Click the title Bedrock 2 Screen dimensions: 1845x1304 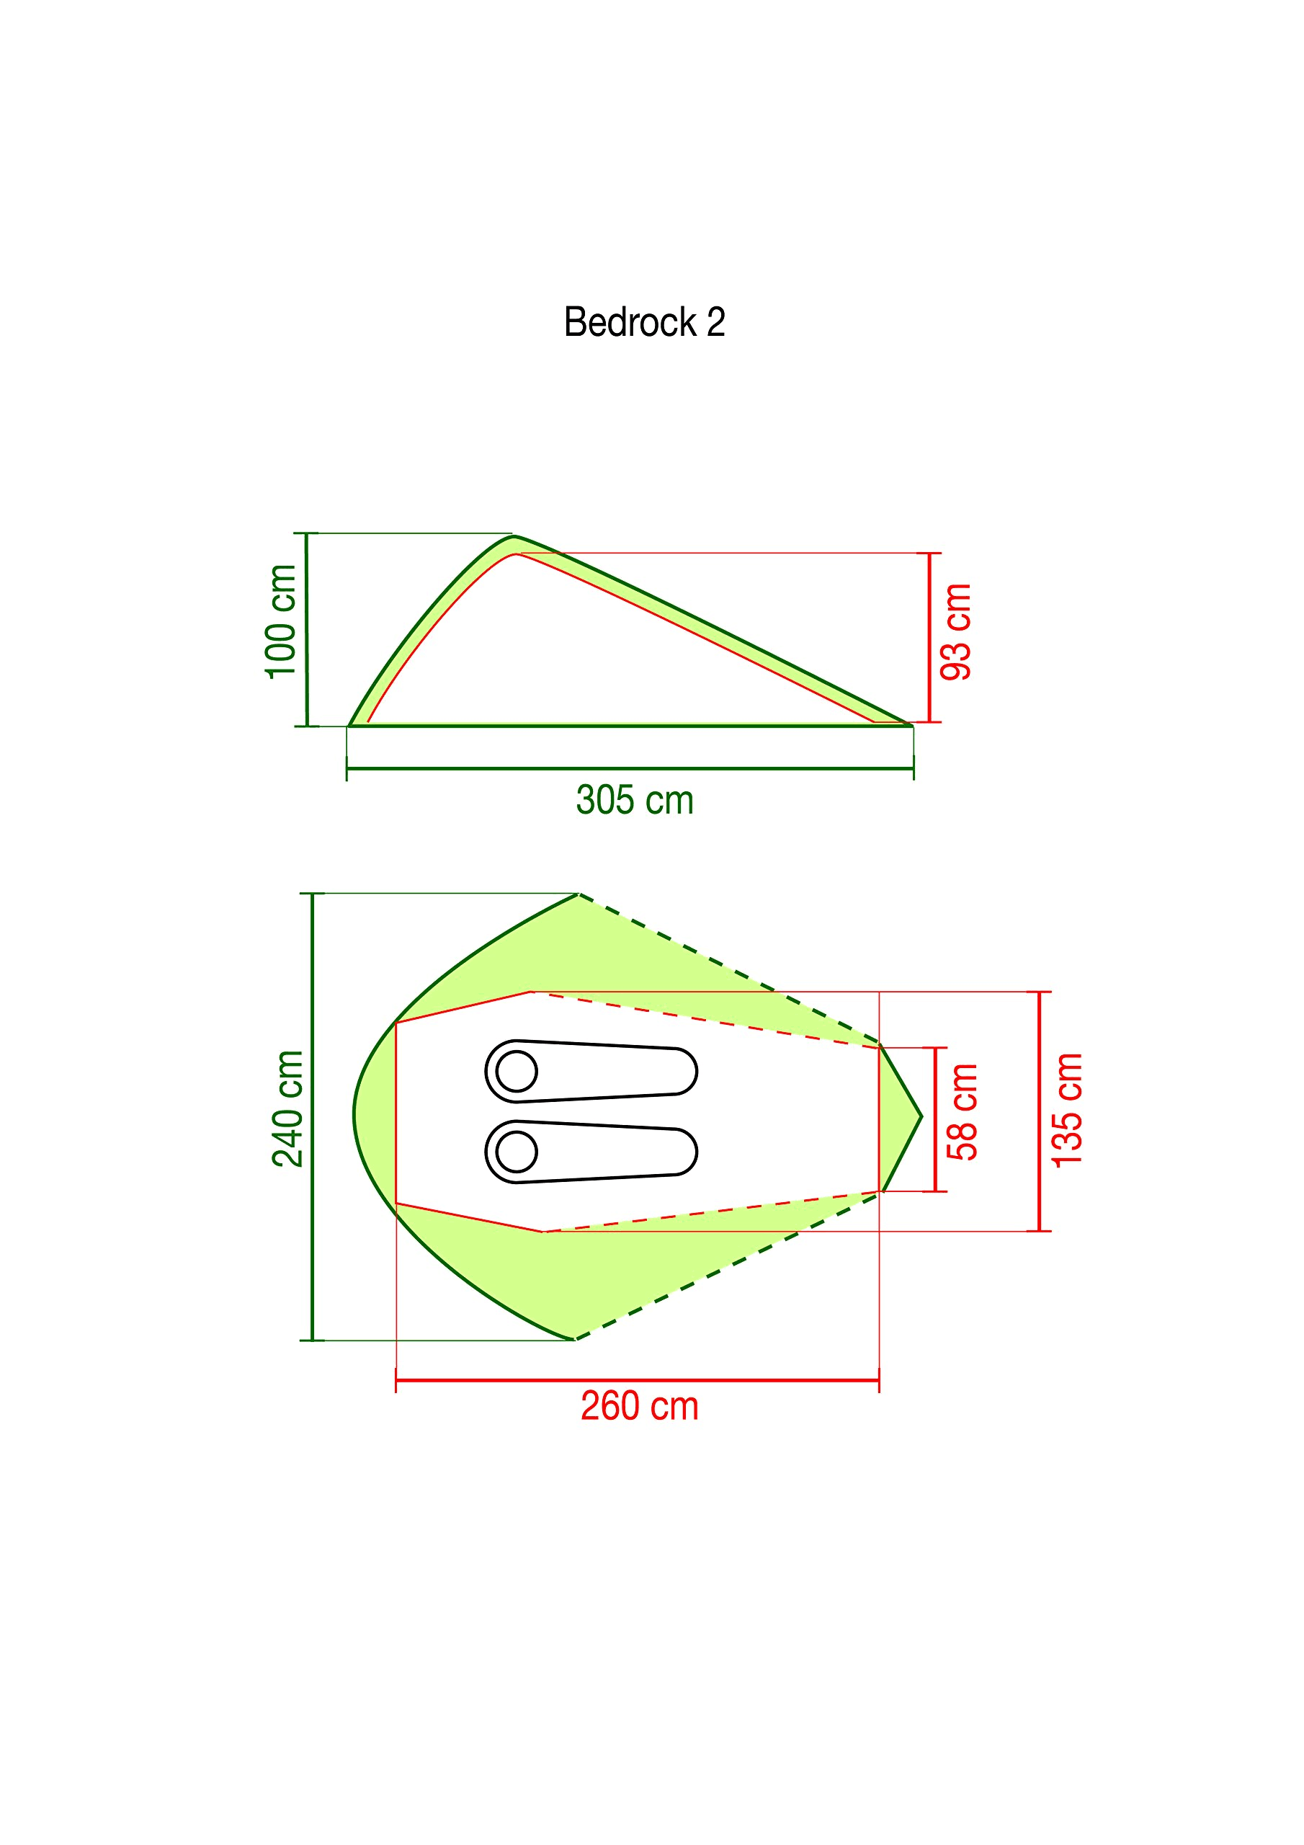[643, 322]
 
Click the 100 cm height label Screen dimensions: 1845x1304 [281, 622]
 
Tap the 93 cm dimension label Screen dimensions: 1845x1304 [956, 632]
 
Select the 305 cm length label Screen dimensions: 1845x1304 [634, 801]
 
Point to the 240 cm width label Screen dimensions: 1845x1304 [287, 1109]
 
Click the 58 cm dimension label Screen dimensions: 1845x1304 [963, 1112]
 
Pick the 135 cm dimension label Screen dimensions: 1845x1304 [1068, 1111]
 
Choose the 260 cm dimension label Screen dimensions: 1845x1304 [639, 1406]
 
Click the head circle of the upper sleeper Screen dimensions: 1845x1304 [517, 1071]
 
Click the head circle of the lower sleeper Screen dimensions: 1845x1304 [517, 1152]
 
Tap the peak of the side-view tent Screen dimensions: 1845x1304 [514, 537]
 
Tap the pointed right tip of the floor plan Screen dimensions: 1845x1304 [921, 1116]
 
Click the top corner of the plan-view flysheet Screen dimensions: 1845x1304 [579, 894]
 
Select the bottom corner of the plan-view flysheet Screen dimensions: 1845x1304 [575, 1340]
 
